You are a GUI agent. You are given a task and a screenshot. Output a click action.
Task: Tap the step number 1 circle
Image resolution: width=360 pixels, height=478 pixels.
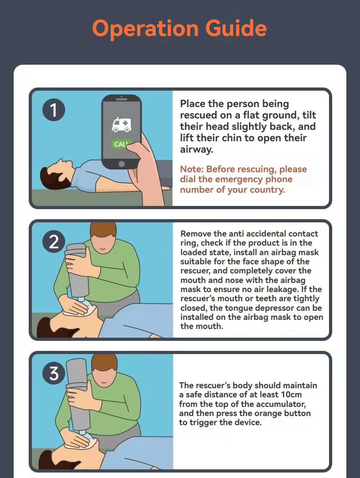coord(54,111)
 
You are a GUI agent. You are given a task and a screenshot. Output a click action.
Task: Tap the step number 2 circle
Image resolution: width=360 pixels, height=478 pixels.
coord(54,242)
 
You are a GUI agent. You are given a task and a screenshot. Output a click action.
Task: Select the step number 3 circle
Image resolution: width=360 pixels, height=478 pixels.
coord(54,374)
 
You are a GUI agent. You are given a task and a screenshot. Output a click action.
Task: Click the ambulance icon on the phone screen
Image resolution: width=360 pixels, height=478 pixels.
coord(121,124)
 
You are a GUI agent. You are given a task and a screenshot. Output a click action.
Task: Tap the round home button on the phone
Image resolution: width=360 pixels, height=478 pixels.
coord(121,164)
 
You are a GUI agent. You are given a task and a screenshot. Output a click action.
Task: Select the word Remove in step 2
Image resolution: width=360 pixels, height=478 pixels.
coord(195,234)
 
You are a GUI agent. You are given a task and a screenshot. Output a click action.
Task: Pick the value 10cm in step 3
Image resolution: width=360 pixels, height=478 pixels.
coord(289,395)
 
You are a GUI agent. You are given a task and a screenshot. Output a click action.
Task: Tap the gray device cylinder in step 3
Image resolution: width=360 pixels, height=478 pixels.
coord(77,392)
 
